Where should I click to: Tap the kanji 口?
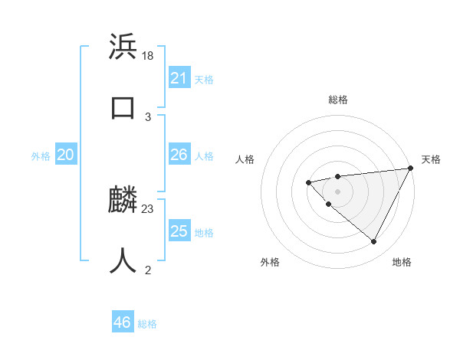[123, 108]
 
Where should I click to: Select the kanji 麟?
[123, 201]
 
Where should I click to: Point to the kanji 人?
[123, 261]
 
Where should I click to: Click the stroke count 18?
[149, 55]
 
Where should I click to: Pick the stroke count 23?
[149, 208]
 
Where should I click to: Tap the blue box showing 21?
[179, 78]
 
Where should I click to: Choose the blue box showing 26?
[179, 155]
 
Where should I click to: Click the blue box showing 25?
[179, 231]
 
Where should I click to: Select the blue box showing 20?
[66, 155]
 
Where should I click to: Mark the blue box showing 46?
[123, 322]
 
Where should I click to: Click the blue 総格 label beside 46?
[147, 324]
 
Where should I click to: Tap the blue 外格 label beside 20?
[41, 156]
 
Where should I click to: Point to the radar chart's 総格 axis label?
[338, 100]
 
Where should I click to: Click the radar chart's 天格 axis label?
[432, 159]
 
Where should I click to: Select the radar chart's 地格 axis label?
[402, 262]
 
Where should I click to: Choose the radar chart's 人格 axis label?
[245, 159]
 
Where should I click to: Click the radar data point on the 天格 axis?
[411, 168]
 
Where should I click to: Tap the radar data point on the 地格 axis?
[374, 242]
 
